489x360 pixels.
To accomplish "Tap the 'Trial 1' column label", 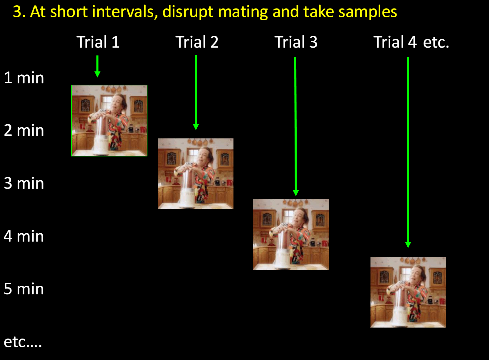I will point(98,42).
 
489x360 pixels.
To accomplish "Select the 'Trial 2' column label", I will point(197,42).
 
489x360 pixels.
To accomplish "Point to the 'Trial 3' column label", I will point(296,42).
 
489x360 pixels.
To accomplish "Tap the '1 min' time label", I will point(24,78).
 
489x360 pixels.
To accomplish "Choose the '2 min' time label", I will point(24,130).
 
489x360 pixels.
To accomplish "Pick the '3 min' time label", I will point(24,183).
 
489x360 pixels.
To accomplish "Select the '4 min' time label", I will point(24,236).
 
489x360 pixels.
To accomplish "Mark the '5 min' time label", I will point(24,289).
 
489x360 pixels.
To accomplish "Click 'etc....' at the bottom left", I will point(23,342).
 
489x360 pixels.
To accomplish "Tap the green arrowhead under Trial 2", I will point(196,127).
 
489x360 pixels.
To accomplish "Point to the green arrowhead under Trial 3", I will point(296,193).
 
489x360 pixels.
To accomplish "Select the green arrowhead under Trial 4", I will point(408,245).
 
